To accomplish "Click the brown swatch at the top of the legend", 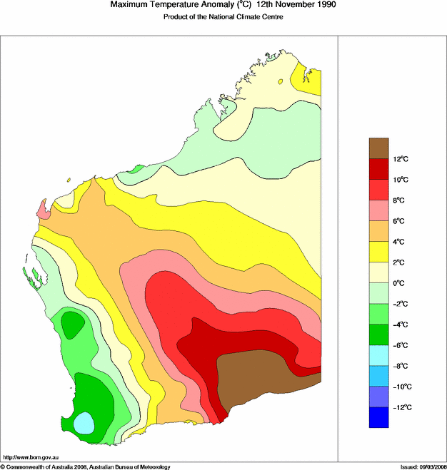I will pyautogui.click(x=379, y=148).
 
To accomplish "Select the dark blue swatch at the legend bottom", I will pyautogui.click(x=379, y=417).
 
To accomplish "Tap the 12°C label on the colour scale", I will pyautogui.click(x=400, y=158).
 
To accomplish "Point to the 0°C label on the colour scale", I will pyautogui.click(x=400, y=283).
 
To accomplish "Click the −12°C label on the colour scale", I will pyautogui.click(x=401, y=407).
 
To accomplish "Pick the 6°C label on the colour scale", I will pyautogui.click(x=400, y=221).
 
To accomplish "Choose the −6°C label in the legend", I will pyautogui.click(x=401, y=345).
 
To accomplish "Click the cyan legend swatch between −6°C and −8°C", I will pyautogui.click(x=379, y=355).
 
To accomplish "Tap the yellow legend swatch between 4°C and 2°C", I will pyautogui.click(x=379, y=252).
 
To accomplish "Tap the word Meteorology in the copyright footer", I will pyautogui.click(x=154, y=466).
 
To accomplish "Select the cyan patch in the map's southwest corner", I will pyautogui.click(x=84, y=422).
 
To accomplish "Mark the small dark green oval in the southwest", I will pyautogui.click(x=71, y=325).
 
